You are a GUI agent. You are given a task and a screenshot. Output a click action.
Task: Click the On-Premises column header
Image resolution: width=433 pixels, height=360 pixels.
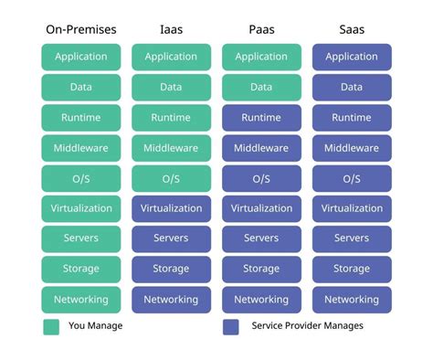pos(81,30)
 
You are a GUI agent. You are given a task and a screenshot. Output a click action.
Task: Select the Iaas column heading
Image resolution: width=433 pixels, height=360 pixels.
pos(171,30)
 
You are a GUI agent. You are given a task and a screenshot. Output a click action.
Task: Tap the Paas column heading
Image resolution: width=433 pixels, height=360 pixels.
pos(261,30)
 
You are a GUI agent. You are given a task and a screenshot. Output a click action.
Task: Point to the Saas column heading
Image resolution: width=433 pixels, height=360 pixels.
pos(352,30)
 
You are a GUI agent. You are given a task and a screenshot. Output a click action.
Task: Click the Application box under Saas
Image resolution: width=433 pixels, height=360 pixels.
pos(352,57)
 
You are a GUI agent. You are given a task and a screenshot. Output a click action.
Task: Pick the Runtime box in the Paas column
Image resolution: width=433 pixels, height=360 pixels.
pos(261,118)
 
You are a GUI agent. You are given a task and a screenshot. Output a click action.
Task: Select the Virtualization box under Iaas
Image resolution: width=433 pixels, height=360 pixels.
pos(171,208)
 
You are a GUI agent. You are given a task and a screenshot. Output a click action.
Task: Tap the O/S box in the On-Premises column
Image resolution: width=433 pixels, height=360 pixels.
pos(81,178)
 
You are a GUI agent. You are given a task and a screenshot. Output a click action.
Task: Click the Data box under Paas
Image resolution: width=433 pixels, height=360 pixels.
pos(261,88)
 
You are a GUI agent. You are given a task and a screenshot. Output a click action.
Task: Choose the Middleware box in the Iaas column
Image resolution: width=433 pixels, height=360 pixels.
pos(171,148)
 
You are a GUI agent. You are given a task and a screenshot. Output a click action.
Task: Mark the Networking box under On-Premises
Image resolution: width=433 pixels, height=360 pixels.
pos(81,299)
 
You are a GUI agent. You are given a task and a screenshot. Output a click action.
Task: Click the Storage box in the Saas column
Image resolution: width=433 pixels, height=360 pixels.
pos(352,269)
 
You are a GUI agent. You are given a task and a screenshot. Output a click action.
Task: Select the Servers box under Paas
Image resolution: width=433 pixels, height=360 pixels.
pos(261,238)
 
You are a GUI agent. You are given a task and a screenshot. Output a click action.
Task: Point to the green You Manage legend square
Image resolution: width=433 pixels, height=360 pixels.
pos(51,326)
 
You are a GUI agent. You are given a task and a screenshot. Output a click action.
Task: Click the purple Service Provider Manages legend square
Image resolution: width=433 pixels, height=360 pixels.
pos(231,326)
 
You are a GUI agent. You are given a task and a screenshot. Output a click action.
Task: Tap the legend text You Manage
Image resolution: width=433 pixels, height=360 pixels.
pos(96,326)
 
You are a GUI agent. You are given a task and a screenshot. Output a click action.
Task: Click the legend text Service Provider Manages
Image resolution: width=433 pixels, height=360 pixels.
pos(306,326)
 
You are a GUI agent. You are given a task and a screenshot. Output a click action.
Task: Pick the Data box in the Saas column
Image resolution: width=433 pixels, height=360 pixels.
pos(352,88)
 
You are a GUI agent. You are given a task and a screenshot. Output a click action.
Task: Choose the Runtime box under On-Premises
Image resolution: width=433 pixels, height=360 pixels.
pos(81,118)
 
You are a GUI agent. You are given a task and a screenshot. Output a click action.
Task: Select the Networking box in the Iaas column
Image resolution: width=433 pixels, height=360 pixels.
pos(171,299)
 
